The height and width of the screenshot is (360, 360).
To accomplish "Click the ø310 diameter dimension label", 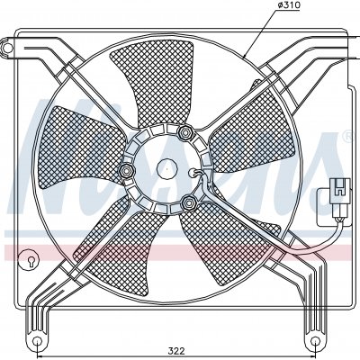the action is (289, 5).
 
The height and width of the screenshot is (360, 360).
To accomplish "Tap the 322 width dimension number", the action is (176, 351).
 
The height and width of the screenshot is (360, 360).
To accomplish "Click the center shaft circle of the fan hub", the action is (167, 169).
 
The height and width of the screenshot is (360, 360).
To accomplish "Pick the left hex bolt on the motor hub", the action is (126, 171).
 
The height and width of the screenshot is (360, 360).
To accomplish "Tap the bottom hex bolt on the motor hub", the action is (189, 203).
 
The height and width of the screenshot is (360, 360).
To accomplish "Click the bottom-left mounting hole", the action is (37, 341).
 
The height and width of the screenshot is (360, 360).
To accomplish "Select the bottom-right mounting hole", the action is (315, 341).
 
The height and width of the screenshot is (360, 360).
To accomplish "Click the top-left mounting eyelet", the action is (7, 47).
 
